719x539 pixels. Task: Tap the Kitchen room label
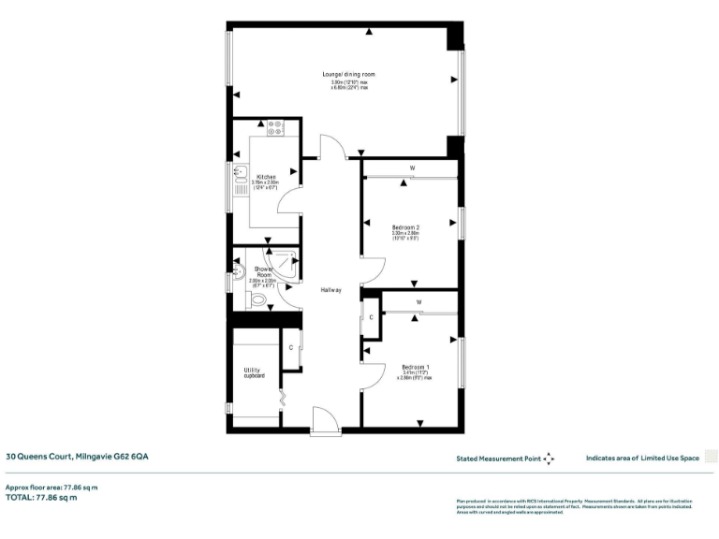(266, 176)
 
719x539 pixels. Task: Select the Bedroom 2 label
(404, 227)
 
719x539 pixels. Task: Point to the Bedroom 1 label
(415, 366)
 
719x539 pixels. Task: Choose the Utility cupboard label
(254, 372)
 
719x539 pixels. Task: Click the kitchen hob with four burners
(275, 128)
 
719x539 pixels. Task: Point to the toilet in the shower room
(257, 300)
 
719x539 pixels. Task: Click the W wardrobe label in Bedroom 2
(411, 169)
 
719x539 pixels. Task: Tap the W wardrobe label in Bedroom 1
(418, 302)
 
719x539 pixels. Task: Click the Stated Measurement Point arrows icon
(549, 459)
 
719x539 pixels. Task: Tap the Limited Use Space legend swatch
(711, 458)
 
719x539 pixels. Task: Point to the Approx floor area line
(51, 488)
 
